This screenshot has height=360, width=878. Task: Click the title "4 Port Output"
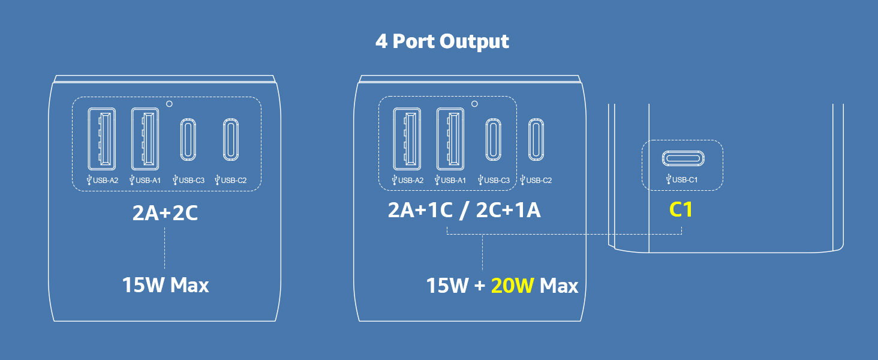(x=442, y=41)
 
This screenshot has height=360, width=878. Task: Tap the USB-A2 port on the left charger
(x=101, y=139)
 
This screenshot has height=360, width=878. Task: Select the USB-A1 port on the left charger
(x=145, y=139)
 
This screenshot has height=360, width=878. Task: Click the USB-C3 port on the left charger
(x=188, y=140)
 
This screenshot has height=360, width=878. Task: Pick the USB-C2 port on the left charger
(x=231, y=140)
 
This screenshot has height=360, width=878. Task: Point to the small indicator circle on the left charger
(x=169, y=104)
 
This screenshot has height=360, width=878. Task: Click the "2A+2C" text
(x=165, y=213)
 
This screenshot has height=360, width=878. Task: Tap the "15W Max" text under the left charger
(x=166, y=285)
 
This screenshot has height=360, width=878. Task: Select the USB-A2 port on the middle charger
(x=407, y=139)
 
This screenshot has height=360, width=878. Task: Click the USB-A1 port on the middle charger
(x=450, y=139)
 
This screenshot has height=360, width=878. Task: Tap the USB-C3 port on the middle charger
(x=493, y=140)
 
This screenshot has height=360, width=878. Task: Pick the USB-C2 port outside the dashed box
(x=536, y=140)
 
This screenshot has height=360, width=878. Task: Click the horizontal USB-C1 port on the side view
(x=683, y=158)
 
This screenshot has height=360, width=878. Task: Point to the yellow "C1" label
(x=681, y=210)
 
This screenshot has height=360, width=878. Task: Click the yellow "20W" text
(x=512, y=286)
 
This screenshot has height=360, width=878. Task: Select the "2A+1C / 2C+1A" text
(x=464, y=211)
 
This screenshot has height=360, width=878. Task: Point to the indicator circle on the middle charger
(x=474, y=104)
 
